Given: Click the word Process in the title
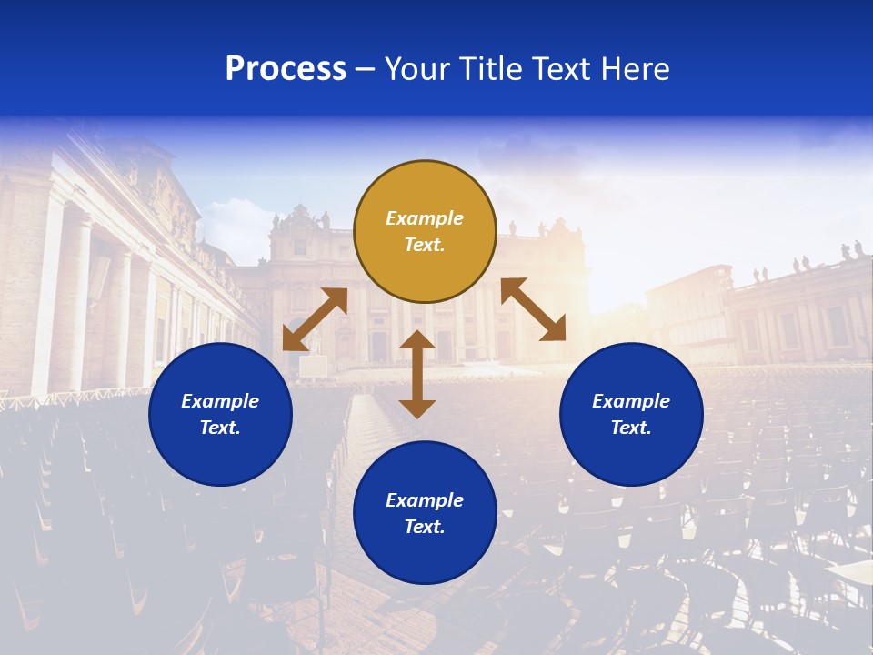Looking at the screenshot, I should click(286, 69).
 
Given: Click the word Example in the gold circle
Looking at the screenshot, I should click(425, 218).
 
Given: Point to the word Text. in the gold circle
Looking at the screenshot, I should click(425, 245).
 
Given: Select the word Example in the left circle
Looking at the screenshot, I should click(220, 401).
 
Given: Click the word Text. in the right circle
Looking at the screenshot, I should click(631, 428).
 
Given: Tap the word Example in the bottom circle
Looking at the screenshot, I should click(425, 500).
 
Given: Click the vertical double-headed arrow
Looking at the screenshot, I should click(417, 374).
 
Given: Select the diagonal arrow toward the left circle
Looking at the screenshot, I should click(315, 319).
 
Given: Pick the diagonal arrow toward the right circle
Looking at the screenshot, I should click(533, 309).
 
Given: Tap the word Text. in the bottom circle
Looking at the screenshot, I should click(425, 527).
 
